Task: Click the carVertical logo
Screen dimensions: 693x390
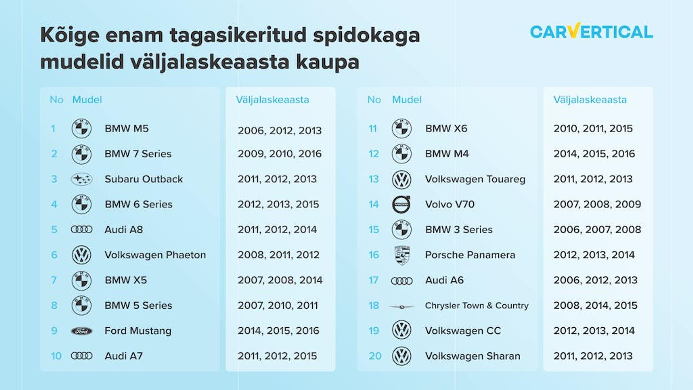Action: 591,31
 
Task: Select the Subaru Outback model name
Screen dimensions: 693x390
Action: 143,179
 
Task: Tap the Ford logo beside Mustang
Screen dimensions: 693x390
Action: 82,331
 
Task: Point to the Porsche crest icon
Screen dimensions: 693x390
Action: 402,255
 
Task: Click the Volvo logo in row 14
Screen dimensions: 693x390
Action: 402,204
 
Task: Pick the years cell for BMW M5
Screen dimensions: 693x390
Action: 280,131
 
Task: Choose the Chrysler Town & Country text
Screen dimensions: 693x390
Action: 476,306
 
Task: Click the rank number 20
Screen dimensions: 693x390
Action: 375,356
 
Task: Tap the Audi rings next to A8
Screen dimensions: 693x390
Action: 82,230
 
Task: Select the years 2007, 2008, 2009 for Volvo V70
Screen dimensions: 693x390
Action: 597,204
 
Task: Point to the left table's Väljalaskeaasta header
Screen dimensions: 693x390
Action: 272,100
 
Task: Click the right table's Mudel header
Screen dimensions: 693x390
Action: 407,100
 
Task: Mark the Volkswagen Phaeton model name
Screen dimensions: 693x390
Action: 155,255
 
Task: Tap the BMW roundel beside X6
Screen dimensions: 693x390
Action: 402,129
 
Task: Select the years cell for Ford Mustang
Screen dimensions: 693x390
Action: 278,331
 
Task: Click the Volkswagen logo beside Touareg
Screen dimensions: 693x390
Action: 402,179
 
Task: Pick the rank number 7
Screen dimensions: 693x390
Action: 54,280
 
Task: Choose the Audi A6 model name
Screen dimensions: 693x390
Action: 444,280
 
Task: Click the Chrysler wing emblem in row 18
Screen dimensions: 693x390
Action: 402,307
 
